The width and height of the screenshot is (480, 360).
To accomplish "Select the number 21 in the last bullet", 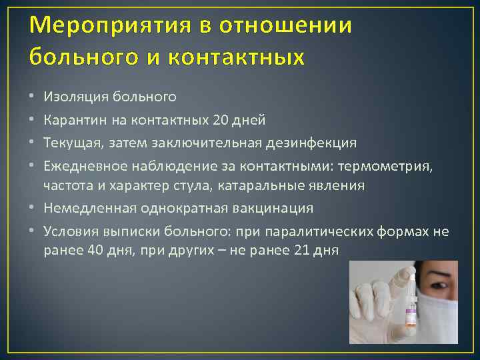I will (302, 251).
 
